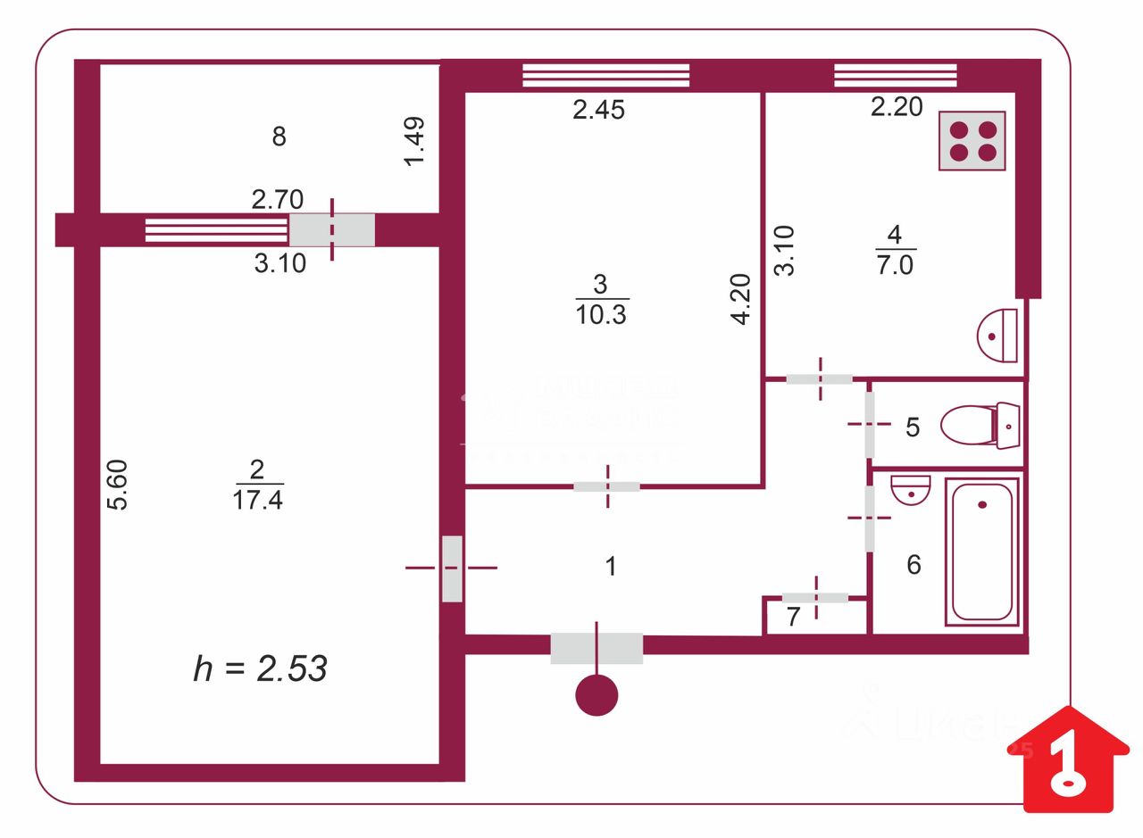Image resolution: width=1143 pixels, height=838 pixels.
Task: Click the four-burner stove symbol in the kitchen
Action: pos(972,140)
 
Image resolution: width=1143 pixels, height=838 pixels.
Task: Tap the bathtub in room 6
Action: pos(982,551)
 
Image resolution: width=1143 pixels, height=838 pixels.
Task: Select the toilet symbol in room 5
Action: pos(980,426)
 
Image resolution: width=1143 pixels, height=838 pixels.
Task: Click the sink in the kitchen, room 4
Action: pos(999,335)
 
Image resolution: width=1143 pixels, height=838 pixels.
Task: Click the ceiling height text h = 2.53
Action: pos(260,668)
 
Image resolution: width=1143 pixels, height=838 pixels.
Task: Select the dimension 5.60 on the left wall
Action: pos(118,484)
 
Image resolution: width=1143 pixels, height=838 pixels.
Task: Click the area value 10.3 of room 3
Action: pos(602,315)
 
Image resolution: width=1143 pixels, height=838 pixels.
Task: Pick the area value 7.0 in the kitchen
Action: pos(895,265)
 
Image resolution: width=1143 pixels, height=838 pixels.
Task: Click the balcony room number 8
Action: pos(279,137)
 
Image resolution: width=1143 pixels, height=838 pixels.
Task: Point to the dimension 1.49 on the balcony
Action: pos(415,141)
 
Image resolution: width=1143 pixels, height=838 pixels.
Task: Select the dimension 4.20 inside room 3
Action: pos(740,299)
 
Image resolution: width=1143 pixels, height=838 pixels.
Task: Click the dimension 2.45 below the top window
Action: pos(598,110)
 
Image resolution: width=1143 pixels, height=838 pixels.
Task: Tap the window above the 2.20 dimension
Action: pos(895,75)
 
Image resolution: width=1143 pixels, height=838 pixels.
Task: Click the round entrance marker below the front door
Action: pos(597,695)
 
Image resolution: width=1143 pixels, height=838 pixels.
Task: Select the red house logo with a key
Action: pos(1068,759)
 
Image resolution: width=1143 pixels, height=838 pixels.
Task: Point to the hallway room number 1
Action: pos(611,566)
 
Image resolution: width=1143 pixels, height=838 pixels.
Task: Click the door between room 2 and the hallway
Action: pos(452,568)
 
